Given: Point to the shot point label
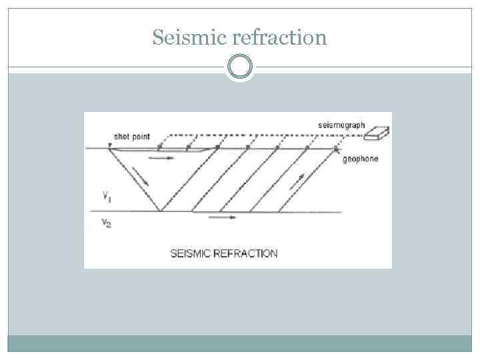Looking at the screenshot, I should (131, 136).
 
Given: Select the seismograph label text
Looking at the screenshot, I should (342, 125).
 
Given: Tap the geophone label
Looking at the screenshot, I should (359, 159).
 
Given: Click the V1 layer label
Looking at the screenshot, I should (107, 196).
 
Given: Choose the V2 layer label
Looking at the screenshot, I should (107, 223).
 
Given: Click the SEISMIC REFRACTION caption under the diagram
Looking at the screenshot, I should (224, 253).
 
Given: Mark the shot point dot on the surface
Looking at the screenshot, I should (109, 147).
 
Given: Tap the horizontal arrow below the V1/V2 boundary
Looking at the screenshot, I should (222, 217).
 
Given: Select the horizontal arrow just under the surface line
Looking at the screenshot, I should (161, 158).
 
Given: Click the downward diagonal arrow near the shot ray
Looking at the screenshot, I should (141, 177).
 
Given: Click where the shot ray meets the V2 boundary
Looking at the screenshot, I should (160, 211).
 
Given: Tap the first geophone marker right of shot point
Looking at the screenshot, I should (159, 147).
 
